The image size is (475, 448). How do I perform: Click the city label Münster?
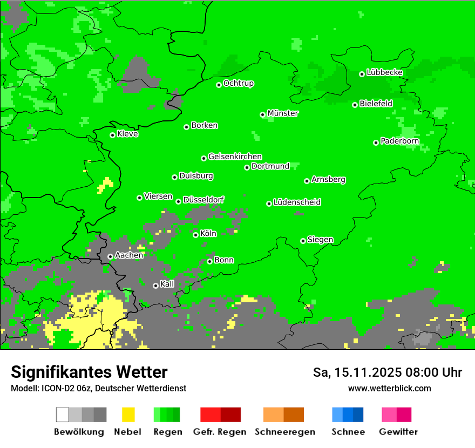(283, 113)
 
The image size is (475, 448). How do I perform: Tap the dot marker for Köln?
(196, 235)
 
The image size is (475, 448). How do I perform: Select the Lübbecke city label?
(385, 72)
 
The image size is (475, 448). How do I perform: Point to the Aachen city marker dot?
(110, 257)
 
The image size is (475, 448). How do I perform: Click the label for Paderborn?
(400, 141)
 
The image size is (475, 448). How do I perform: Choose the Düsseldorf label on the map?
(203, 200)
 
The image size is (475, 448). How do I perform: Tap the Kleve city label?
(127, 134)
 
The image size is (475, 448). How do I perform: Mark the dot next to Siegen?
(303, 241)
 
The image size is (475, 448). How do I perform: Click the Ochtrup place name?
(239, 83)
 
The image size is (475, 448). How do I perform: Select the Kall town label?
(167, 284)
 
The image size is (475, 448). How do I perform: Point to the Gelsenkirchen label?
(235, 157)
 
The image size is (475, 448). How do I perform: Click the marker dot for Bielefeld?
(355, 105)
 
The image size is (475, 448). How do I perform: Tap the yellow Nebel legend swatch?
(128, 415)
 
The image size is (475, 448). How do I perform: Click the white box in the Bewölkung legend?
(63, 415)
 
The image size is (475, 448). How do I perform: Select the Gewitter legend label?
(398, 432)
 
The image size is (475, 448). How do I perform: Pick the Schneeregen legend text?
(285, 432)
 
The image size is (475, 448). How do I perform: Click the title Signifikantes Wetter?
(89, 372)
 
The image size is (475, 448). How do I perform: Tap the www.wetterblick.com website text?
(390, 388)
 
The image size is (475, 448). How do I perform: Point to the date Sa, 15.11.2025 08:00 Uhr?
(388, 372)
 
